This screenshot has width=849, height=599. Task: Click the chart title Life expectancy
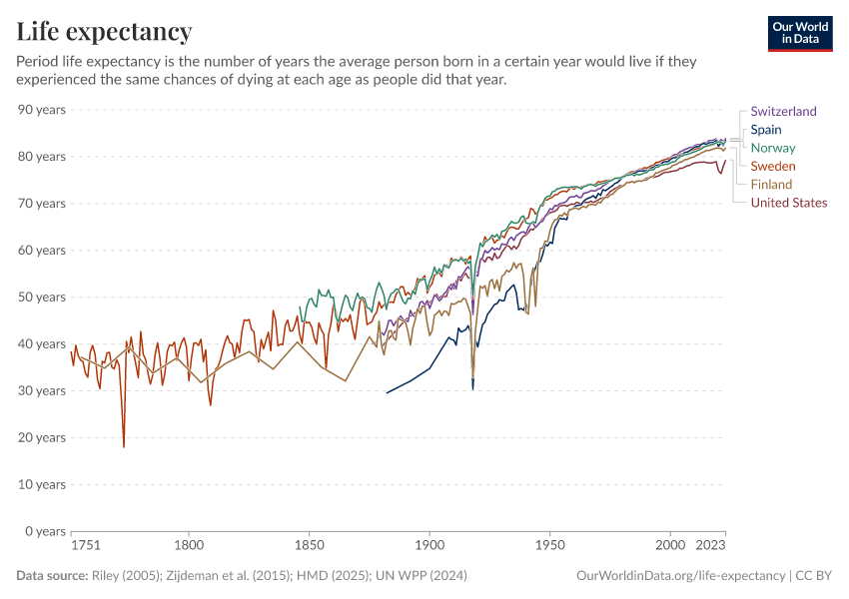coord(104,31)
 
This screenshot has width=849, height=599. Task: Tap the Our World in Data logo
coord(800,33)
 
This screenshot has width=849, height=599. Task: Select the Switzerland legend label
coord(783,112)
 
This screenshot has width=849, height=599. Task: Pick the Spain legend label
coord(766,130)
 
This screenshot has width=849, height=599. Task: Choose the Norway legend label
coord(773,148)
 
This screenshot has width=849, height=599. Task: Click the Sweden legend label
coord(773,166)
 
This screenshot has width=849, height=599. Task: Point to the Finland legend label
coord(771,184)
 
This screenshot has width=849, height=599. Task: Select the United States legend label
coord(789,203)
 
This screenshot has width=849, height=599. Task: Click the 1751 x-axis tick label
coord(85,546)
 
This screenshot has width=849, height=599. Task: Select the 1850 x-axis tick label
coord(310,546)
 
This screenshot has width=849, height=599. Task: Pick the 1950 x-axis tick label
coord(549,546)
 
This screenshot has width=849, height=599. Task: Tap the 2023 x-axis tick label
coord(710,546)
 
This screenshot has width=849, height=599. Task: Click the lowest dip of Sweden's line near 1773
coord(124,446)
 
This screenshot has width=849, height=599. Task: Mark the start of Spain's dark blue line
coord(387,392)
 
